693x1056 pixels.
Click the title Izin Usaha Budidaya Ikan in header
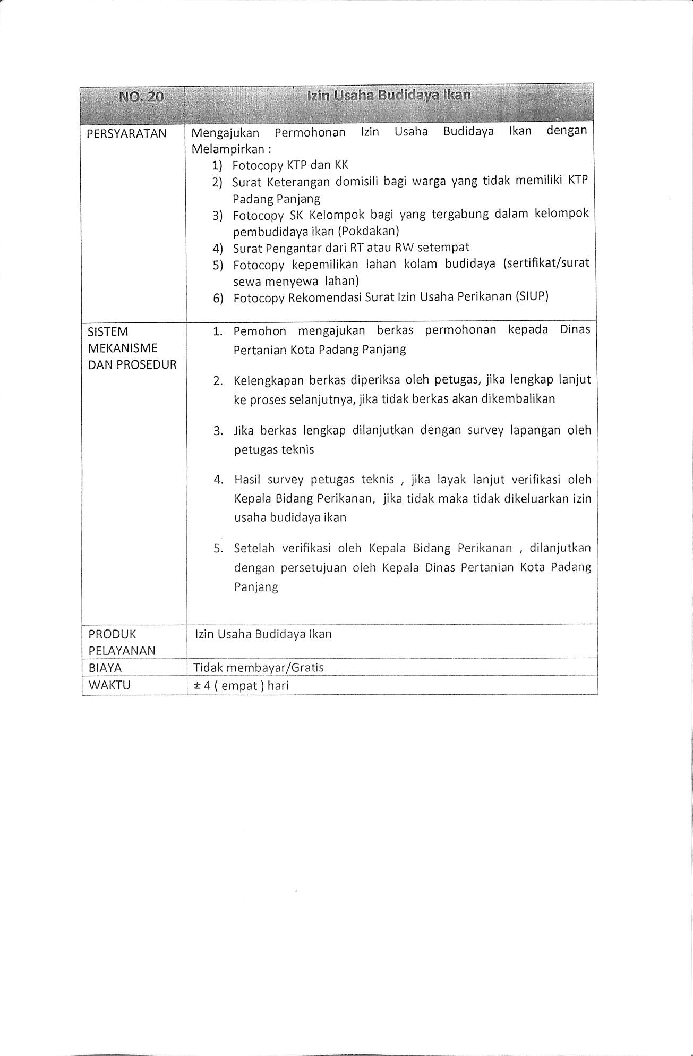tap(389, 96)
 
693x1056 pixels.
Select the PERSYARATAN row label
tap(126, 133)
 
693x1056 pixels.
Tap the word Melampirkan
tap(227, 149)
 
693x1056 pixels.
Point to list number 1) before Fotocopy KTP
tap(217, 166)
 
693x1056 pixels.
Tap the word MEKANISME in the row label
tap(123, 348)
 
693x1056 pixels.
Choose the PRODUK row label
tap(112, 634)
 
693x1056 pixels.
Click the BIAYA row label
tap(106, 668)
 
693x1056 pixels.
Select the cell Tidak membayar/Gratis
tap(259, 668)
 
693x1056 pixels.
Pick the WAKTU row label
tap(109, 685)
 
